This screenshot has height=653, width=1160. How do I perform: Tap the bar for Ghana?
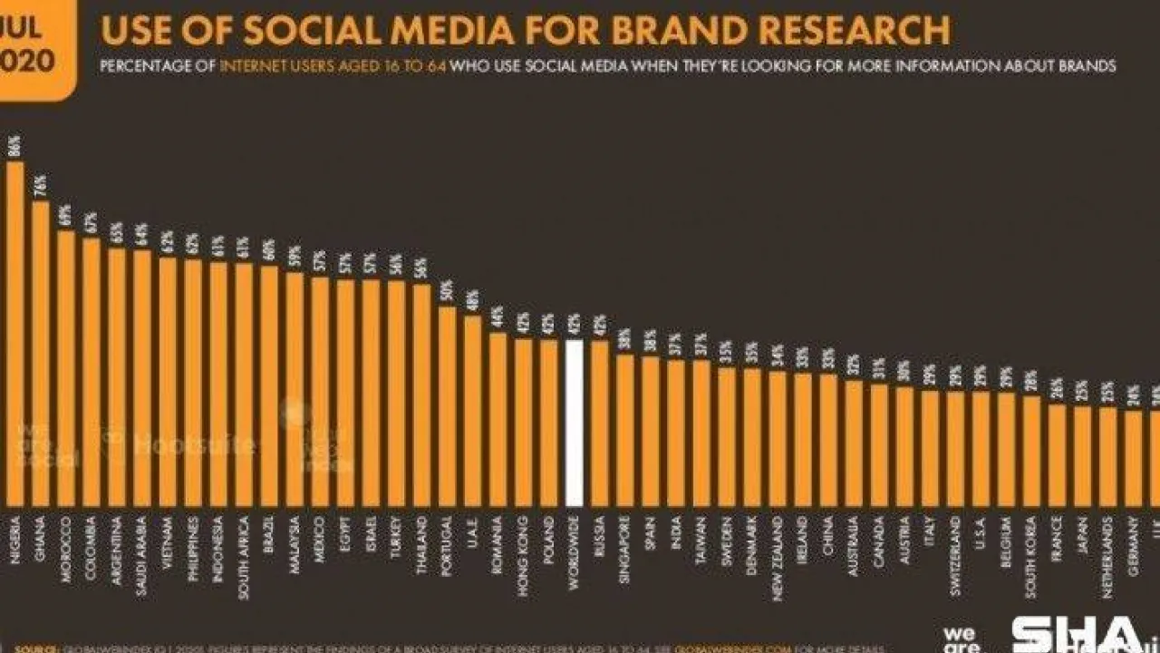(41, 354)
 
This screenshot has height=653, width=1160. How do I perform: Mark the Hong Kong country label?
(523, 549)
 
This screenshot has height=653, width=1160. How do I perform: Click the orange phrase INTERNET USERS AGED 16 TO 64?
(333, 67)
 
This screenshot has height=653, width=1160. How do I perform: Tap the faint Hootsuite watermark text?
(193, 444)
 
